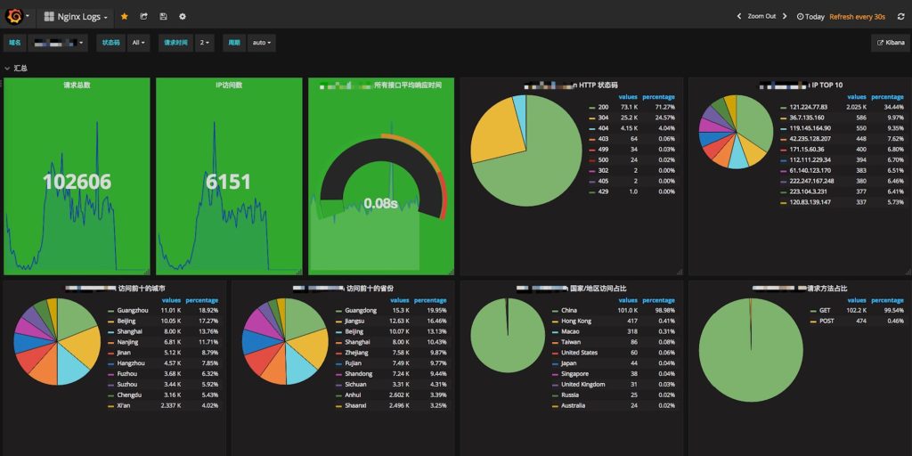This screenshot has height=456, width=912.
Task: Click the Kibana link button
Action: pos(891,42)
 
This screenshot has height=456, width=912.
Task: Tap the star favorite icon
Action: pos(125,16)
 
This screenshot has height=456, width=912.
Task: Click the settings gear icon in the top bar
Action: pos(183,16)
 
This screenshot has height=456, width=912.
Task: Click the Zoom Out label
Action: pos(761,16)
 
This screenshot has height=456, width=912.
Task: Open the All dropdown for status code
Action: pos(139,42)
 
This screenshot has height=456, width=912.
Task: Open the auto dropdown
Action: pos(262,42)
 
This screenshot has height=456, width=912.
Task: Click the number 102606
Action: pos(77,182)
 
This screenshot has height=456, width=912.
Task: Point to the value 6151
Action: pos(229,182)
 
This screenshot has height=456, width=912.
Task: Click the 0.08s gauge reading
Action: pos(380,203)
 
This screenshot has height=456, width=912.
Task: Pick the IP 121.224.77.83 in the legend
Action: pos(809,107)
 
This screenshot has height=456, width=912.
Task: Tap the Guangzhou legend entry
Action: pos(133,310)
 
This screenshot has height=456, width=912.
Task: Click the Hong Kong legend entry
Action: pos(576,321)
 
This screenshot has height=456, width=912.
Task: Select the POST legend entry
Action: pos(826,321)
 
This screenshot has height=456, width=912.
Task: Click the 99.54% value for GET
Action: pos(891,310)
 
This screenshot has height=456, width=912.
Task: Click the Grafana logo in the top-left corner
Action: pos(14,16)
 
